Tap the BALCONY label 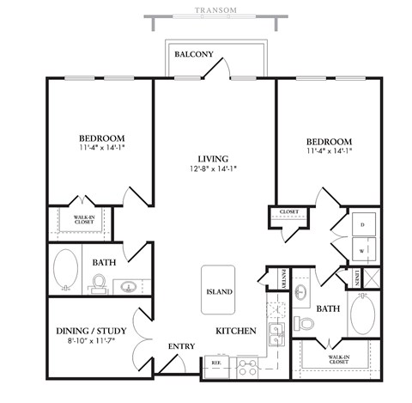(x=193, y=55)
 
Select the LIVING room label (x=212, y=159)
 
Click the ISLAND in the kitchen (x=219, y=291)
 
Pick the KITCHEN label (x=233, y=330)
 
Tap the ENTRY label (x=181, y=346)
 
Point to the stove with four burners (x=247, y=368)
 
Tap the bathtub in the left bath (x=66, y=269)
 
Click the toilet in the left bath (x=98, y=283)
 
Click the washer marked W (x=361, y=251)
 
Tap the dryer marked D (x=361, y=223)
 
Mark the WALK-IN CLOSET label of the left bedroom (x=83, y=221)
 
